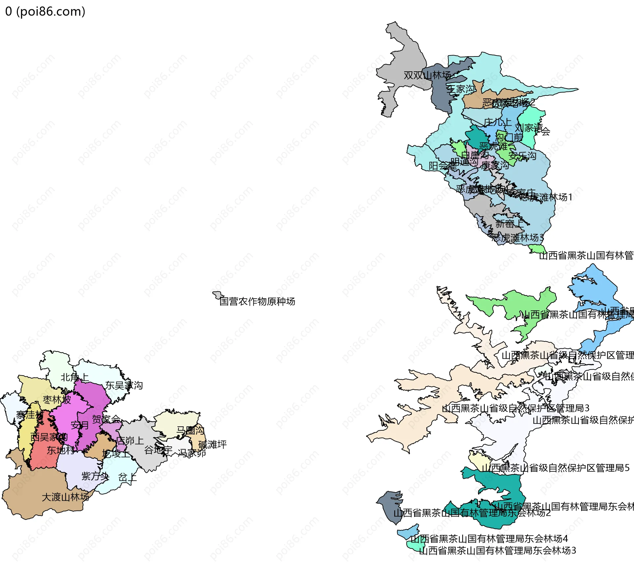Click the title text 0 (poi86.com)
coord(45,12)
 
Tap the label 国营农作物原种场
coord(257,302)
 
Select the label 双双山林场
coord(427,75)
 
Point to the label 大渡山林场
coord(65,497)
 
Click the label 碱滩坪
coord(212,445)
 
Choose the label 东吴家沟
coord(124,385)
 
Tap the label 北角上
coord(75,377)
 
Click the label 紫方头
coord(95,476)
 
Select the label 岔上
coord(127,477)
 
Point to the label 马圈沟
coord(190,430)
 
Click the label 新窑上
coord(509,224)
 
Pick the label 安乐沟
coord(522,156)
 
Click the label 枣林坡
coord(57,400)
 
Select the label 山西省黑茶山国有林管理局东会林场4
coord(489,539)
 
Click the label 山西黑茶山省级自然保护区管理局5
coord(555,468)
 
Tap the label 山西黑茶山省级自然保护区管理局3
coord(515,408)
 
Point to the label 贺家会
coord(106,419)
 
